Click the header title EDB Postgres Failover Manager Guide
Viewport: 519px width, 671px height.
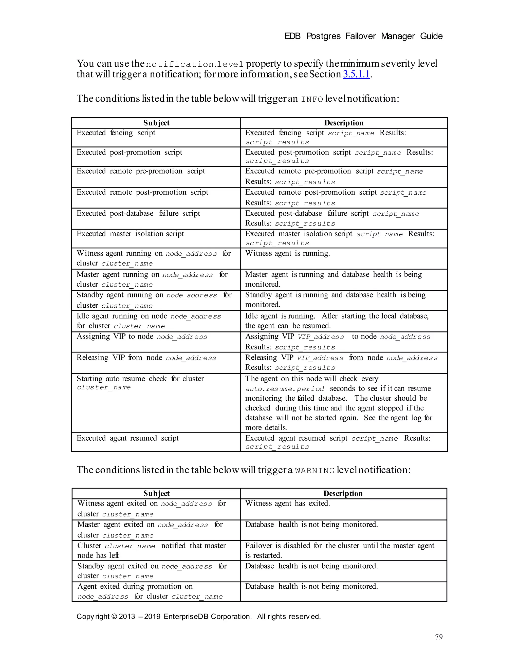(x=363, y=36)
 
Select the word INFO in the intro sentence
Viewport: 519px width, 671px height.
(x=312, y=99)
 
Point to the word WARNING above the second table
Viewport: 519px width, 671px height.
(x=314, y=471)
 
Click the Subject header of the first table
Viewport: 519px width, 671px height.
(x=156, y=123)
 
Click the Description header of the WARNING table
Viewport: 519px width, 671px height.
(x=343, y=493)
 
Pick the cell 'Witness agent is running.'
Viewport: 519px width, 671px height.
(x=287, y=253)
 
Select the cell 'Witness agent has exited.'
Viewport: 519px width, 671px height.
(x=287, y=504)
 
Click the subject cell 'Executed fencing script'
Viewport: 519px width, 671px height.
(x=116, y=133)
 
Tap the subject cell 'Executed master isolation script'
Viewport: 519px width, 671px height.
(x=130, y=234)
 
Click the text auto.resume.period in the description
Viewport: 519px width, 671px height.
(x=285, y=389)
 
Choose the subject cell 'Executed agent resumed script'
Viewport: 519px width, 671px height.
(x=127, y=438)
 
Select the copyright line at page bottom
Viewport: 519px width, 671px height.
(x=198, y=617)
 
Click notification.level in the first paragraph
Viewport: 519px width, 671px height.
(x=195, y=65)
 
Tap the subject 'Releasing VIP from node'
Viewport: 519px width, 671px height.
(x=146, y=358)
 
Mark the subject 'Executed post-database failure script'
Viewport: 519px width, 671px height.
(x=138, y=214)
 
